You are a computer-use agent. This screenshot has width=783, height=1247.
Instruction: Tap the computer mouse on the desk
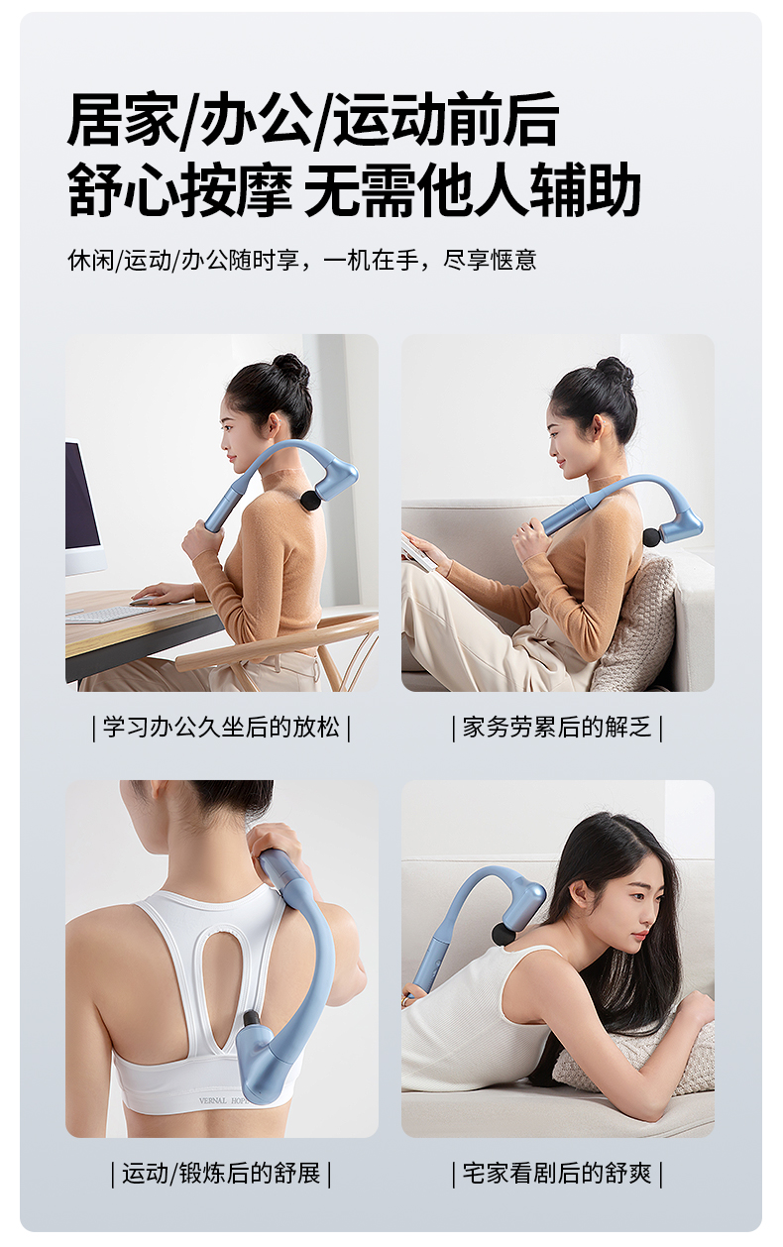[x=144, y=601]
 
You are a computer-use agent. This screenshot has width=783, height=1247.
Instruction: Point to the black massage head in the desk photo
[x=310, y=499]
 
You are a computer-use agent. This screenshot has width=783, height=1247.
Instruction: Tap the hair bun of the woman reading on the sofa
[x=615, y=372]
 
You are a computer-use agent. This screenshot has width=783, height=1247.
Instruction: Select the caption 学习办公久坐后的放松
[x=221, y=727]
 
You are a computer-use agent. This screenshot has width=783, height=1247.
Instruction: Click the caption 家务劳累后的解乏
[x=557, y=727]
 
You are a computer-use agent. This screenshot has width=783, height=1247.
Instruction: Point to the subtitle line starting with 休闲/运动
[x=301, y=260]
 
